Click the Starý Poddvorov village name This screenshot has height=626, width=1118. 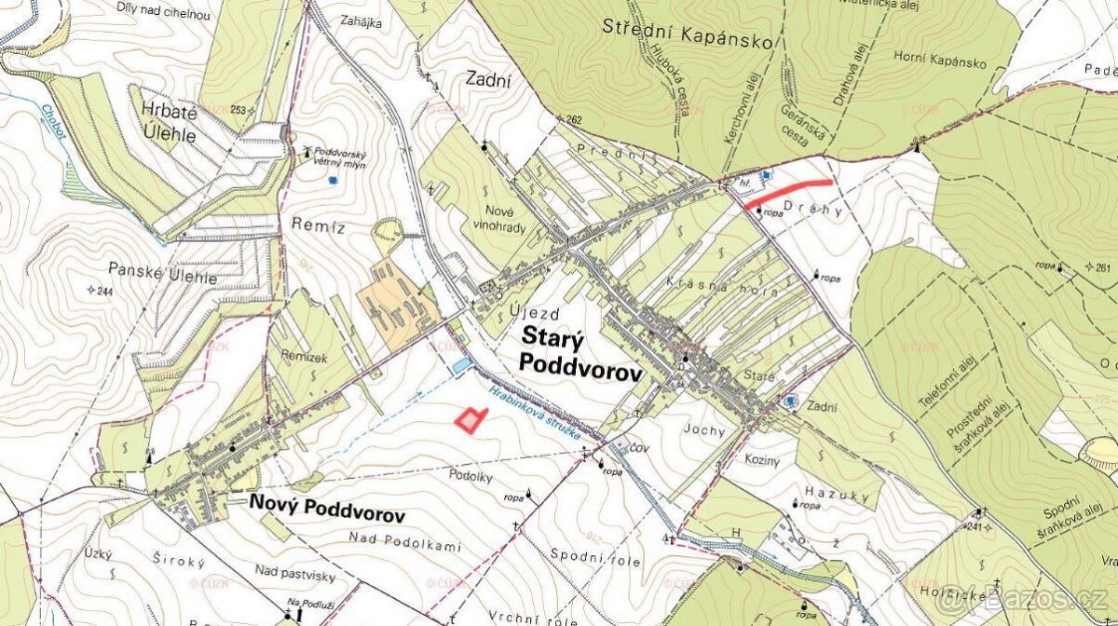580,355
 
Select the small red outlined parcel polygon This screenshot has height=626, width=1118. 471,420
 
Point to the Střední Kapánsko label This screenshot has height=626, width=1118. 688,40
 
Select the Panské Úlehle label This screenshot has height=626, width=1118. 162,278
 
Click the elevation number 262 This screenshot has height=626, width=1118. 573,119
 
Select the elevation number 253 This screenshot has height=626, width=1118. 239,110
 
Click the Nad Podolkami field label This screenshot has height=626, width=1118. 404,542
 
